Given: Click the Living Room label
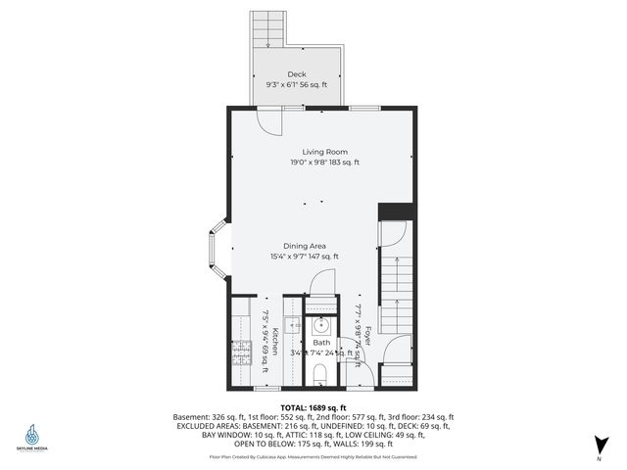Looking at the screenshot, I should tap(323, 151).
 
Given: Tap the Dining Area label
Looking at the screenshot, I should tap(305, 246).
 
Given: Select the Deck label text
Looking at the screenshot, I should tap(296, 74).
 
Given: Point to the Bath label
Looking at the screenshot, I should tap(321, 343).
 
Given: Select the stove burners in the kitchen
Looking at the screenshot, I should tap(241, 355).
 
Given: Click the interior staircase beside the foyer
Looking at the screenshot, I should tap(397, 294).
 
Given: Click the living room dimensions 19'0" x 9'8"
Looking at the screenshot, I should tap(324, 163).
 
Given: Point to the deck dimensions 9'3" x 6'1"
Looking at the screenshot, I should tap(296, 86).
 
